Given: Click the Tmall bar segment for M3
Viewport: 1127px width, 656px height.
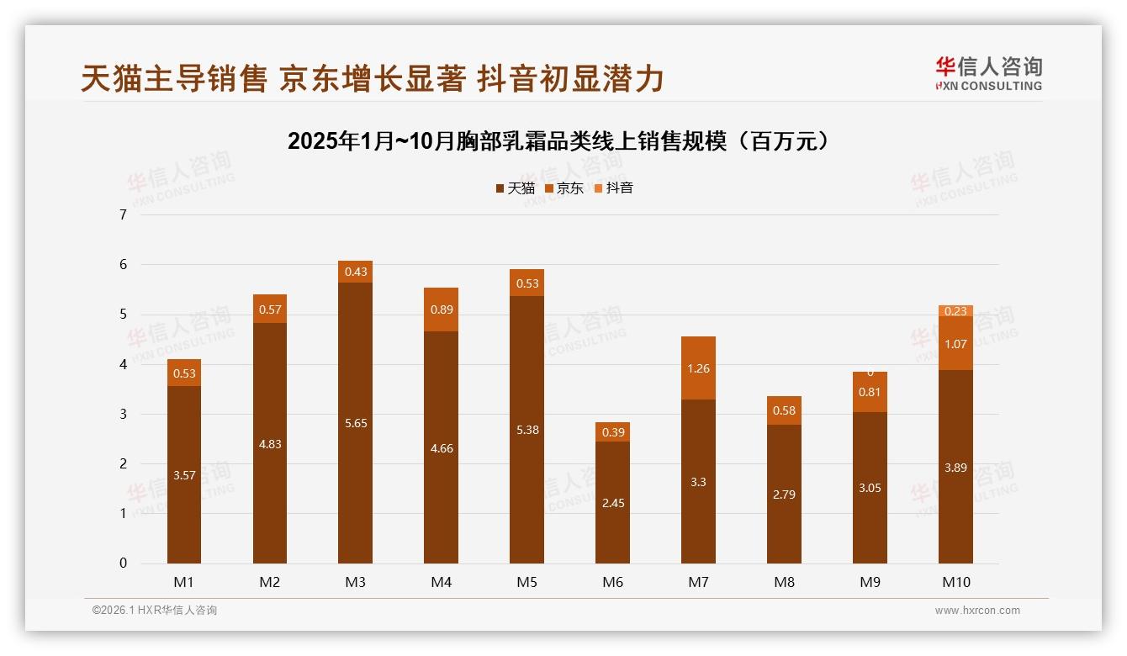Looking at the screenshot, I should point(355,423).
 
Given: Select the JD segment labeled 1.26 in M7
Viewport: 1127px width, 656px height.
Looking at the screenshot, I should point(698,368).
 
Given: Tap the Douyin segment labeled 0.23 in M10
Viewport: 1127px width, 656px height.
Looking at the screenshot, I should point(955,310).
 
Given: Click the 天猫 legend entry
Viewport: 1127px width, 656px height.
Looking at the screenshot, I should point(515,188).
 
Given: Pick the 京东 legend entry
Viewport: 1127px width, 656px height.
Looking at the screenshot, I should point(564,188).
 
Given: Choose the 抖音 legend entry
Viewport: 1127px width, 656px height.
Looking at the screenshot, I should point(614,188).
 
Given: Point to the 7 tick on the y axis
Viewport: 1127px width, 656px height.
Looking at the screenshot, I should point(124,214).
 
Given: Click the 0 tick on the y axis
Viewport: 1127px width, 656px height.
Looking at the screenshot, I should point(124,563).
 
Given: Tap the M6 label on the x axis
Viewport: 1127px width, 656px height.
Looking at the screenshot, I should point(612,583).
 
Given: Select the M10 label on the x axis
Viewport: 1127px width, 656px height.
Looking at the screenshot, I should point(955,583).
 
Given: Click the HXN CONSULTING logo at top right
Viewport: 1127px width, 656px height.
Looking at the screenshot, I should point(988,73).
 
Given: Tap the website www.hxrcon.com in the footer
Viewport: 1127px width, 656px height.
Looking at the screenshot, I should point(977,611).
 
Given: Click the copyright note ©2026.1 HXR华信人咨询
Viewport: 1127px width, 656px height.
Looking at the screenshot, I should point(154,611).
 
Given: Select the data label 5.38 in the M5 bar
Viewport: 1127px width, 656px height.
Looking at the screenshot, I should point(526,430).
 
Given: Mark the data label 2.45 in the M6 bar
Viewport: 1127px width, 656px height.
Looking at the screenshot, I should point(612,503).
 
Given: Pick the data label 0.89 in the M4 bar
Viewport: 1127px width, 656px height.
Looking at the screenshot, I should point(441,309).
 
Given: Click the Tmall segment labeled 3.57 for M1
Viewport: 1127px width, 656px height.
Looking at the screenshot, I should point(184,475).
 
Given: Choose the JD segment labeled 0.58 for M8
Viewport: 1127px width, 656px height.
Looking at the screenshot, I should point(784,410).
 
